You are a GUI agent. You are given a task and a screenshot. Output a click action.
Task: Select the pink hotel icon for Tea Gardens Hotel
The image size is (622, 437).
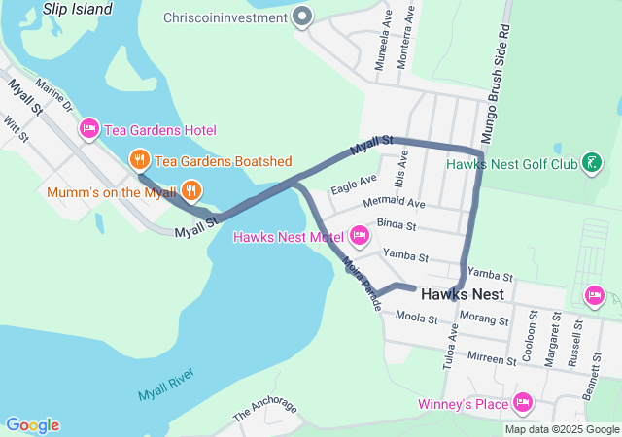[x=89, y=128]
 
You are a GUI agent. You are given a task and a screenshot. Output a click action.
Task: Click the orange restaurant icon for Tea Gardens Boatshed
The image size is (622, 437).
[x=140, y=160]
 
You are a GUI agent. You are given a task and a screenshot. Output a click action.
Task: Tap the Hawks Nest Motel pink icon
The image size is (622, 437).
[x=359, y=235]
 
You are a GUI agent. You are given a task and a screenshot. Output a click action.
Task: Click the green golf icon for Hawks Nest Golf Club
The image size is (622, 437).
[x=590, y=162]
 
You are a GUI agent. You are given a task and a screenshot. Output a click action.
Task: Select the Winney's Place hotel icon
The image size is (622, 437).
[x=524, y=402]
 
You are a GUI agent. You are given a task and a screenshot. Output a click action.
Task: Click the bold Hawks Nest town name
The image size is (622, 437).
[x=462, y=293]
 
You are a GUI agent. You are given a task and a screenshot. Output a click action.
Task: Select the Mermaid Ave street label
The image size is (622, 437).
[x=394, y=204]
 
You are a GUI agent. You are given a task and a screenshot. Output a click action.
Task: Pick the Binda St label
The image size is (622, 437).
[x=396, y=225]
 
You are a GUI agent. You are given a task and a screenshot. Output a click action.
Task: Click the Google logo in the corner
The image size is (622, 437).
[x=32, y=425]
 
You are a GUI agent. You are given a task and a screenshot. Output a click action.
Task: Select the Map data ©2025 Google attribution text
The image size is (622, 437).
[x=562, y=429]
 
